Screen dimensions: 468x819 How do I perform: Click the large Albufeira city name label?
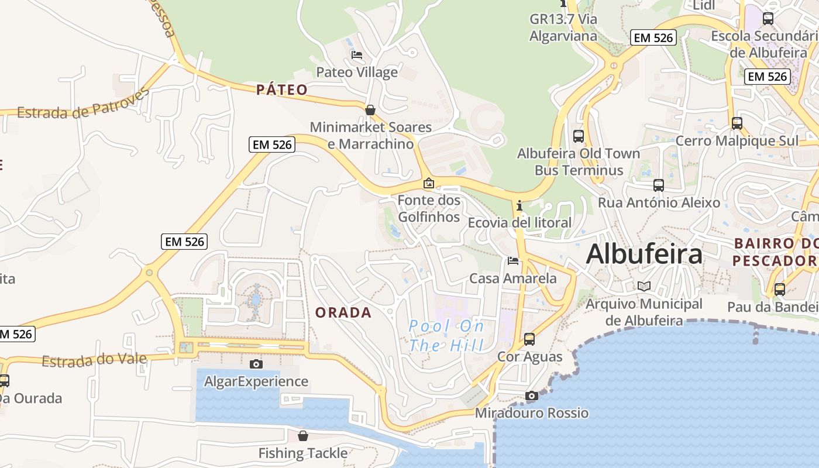(644, 254)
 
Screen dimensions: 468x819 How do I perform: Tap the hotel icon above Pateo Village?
(357, 55)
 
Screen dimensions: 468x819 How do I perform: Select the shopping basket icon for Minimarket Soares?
(370, 110)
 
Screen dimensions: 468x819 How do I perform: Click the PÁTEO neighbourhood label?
(282, 90)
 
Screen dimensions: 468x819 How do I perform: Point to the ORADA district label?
(343, 312)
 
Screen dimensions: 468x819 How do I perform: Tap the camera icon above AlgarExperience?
(256, 364)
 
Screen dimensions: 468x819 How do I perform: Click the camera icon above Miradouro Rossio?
(531, 396)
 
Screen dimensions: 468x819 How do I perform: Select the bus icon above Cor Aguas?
(529, 339)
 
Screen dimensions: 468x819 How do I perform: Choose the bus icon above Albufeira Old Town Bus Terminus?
(579, 136)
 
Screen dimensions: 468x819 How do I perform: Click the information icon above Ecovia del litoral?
(519, 205)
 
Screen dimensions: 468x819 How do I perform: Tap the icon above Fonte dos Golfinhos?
(429, 183)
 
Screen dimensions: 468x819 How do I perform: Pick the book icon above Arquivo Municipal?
(644, 287)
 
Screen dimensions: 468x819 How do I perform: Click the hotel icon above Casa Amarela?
(513, 260)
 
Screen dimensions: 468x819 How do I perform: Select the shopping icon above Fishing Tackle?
(303, 436)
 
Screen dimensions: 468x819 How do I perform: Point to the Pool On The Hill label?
(447, 335)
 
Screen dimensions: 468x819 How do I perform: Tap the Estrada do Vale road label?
(94, 359)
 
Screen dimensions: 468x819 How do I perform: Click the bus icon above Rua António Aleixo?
(659, 185)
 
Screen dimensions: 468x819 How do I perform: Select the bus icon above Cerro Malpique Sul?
(737, 123)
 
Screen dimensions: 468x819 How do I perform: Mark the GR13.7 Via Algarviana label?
(563, 27)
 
